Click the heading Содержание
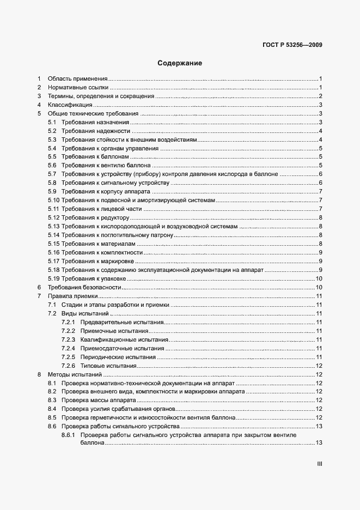point(180,63)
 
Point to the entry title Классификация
point(70,105)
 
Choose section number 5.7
point(52,174)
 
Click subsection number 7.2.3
point(68,339)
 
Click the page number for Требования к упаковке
point(320,279)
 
